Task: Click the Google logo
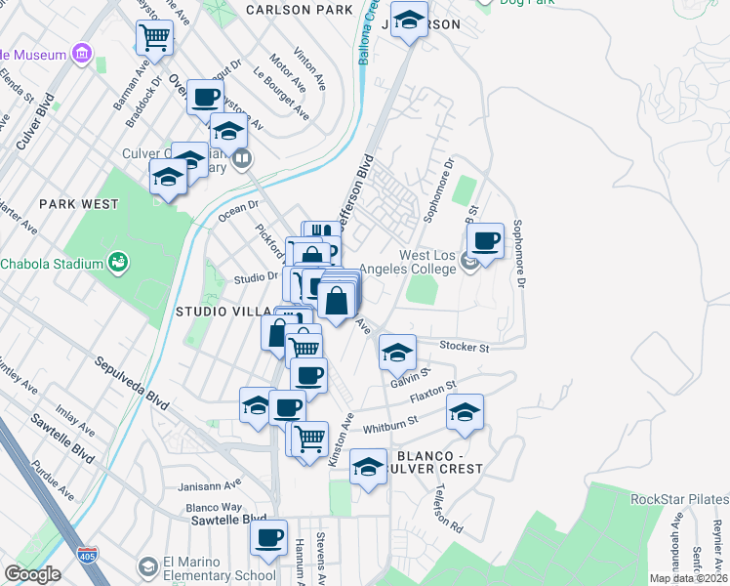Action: pos(32,574)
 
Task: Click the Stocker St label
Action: pos(464,346)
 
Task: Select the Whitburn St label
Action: pos(389,422)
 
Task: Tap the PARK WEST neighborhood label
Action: pos(79,204)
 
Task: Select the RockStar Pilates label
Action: pos(679,499)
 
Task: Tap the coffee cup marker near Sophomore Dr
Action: pos(485,240)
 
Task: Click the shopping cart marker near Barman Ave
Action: pos(154,38)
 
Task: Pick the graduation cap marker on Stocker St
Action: pos(397,353)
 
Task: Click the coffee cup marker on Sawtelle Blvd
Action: pos(268,536)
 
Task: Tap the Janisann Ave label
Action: pos(209,484)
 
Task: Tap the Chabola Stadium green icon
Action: pos(118,262)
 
